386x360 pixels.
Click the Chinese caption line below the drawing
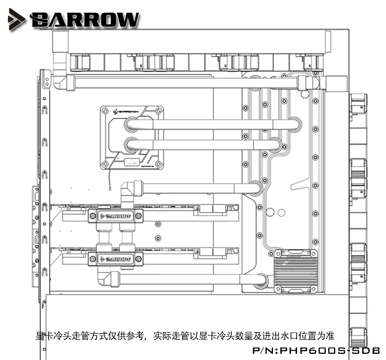coord(186,335)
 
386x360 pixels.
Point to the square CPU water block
coord(132,137)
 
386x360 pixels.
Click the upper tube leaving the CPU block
coord(211,124)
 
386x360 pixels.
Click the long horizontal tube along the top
coord(185,82)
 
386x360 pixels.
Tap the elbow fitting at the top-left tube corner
coord(60,82)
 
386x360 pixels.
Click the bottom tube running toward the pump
coord(185,280)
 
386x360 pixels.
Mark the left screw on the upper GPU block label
coord(93,217)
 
